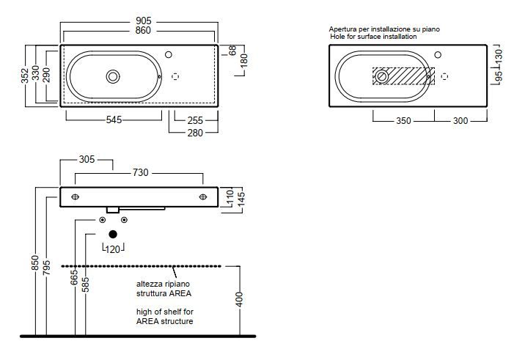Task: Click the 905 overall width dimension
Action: pos(144,21)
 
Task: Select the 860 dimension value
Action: pos(143,31)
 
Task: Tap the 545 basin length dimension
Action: pos(114,120)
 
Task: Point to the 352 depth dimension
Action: pos(25,76)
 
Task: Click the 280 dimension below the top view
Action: pos(195,133)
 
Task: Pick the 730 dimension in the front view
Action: pos(140,172)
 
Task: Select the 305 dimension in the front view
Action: pos(87,159)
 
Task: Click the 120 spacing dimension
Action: pos(113,249)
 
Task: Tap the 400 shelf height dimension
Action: pos(239,299)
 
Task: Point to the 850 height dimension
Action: pos(35,263)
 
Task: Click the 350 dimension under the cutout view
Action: pos(403,121)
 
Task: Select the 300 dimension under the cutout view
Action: pos(460,121)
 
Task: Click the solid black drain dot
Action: pos(113,234)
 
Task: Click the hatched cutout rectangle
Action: pos(403,76)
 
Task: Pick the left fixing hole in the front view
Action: pos(75,196)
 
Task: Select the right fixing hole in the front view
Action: pos(203,196)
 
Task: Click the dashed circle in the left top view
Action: pos(175,76)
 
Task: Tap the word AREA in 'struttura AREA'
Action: pos(181,293)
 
